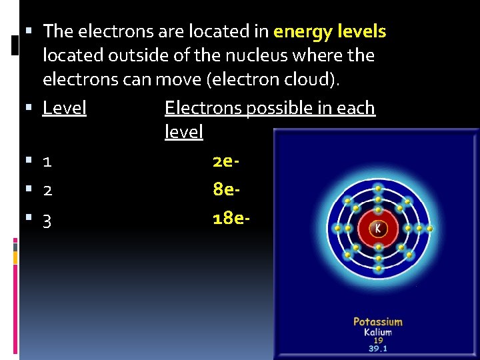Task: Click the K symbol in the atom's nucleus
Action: [378, 228]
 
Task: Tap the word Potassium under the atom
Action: [378, 322]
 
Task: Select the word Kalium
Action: [378, 332]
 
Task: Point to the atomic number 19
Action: [378, 340]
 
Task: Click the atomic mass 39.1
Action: [378, 348]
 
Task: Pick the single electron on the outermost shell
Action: [430, 229]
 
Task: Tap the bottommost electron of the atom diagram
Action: [378, 269]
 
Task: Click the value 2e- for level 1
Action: [226, 161]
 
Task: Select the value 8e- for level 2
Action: [226, 190]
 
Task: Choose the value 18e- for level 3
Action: [231, 219]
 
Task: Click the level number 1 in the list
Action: [47, 162]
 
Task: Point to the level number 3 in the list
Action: [47, 221]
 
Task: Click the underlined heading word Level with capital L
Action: [65, 108]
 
